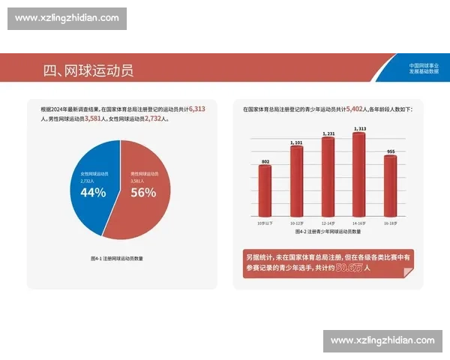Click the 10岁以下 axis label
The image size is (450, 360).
point(265,223)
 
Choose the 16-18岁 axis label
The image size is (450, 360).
point(390,223)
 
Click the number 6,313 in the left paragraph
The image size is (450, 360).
point(197,109)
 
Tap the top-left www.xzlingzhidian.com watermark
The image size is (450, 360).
point(67,18)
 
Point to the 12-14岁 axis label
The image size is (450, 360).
point(328,223)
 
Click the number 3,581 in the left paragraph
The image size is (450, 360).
point(94,118)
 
